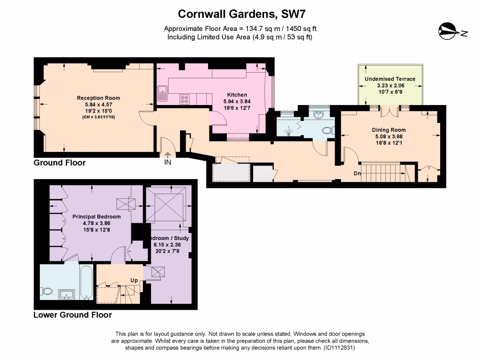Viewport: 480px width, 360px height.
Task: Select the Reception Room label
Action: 98,98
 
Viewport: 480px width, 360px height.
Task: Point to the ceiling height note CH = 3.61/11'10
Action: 98,117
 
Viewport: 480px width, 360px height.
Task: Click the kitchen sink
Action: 163,92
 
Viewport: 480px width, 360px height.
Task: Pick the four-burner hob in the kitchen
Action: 185,99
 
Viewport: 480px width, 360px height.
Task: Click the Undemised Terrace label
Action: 390,79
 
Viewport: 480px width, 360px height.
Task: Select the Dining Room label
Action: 389,130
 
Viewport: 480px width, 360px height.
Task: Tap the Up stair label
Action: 134,280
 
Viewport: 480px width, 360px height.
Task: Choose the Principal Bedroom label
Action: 96,217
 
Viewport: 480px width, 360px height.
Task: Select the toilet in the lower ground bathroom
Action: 47,292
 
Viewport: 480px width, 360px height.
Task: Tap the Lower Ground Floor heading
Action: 72,315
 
